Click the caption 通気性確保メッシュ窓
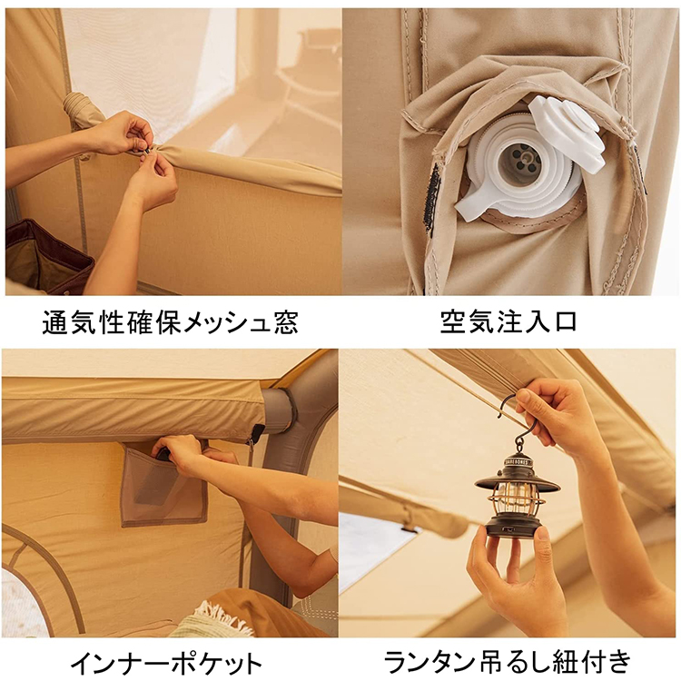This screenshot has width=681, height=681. tap(170, 322)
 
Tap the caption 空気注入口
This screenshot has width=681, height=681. tap(508, 322)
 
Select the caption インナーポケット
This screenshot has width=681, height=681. tap(170, 661)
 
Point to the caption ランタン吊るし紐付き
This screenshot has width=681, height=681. tap(508, 661)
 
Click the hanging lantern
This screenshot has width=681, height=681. tap(518, 508)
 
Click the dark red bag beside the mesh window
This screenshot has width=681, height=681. tap(45, 254)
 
